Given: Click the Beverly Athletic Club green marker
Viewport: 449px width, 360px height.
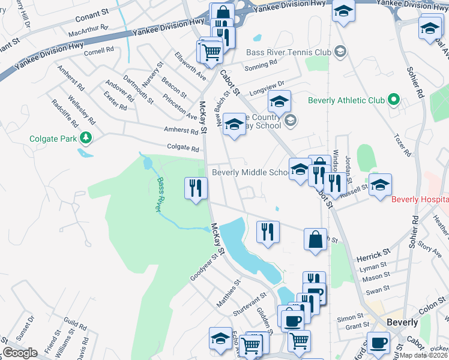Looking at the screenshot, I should coord(393,100).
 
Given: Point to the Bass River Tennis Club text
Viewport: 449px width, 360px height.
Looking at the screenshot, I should coord(289,52).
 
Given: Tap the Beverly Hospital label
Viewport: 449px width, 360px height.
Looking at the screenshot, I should coord(420,199).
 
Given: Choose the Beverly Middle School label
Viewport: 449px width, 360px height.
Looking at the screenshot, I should coord(252,172).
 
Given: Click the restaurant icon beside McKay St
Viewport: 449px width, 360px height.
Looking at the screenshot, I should coord(196,188).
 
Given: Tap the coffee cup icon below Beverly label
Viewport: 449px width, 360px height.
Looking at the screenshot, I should coord(378,343).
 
